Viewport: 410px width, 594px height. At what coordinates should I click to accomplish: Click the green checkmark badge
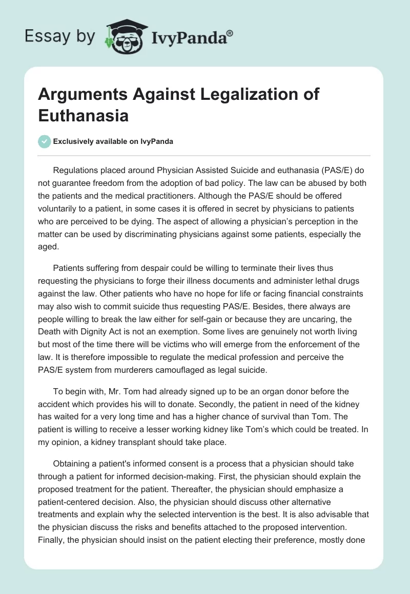click(45, 141)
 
